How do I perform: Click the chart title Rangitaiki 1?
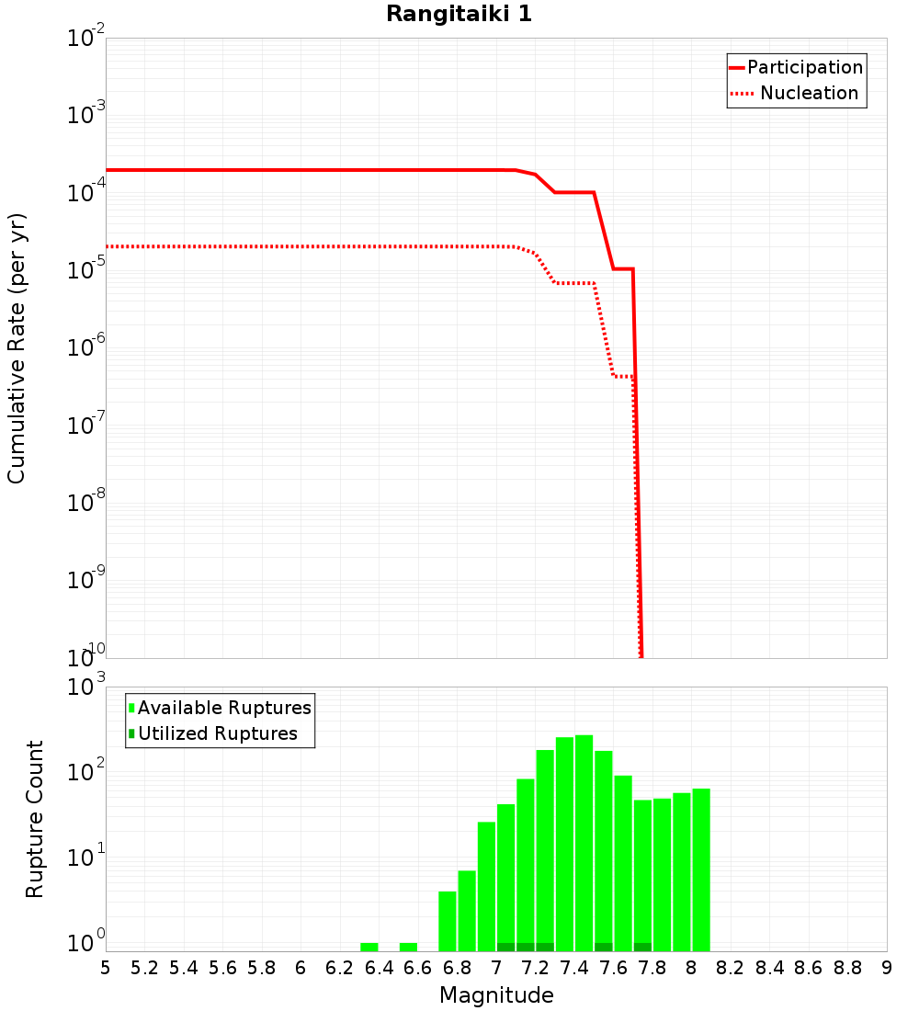point(459,15)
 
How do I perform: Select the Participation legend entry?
point(805,67)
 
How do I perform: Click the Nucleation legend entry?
point(809,93)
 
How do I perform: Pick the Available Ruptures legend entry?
point(224,708)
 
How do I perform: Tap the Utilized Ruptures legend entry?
point(217,733)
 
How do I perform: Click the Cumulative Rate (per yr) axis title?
point(17,348)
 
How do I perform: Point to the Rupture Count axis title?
point(35,819)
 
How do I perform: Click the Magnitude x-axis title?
point(496,995)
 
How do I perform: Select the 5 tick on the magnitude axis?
point(106,968)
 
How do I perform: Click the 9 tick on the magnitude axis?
point(887,968)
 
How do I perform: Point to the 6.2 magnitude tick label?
point(340,968)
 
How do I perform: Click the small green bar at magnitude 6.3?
point(369,947)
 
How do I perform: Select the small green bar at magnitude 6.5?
point(408,947)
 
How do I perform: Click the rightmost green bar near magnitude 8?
point(701,869)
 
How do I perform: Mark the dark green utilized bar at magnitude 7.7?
point(642,947)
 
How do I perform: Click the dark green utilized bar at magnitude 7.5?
point(604,947)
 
